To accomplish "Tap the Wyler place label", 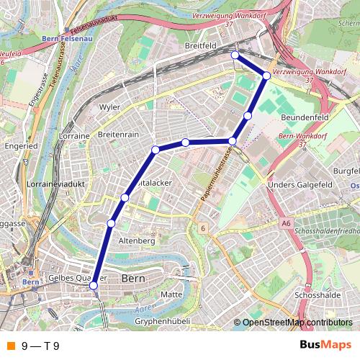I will (x=109, y=107).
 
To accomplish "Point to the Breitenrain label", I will (x=117, y=135).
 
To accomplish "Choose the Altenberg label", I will (x=136, y=240).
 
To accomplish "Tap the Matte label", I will (x=172, y=294).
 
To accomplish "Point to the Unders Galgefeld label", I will (x=297, y=184).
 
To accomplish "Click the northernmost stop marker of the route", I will (x=235, y=55).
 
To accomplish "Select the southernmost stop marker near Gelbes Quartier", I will (x=93, y=286).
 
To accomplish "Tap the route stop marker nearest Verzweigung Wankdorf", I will (x=266, y=76).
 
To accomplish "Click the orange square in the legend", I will (x=9, y=346).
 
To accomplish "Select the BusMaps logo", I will (x=325, y=345).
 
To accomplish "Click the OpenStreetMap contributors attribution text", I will (x=297, y=322).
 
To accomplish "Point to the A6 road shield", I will (x=287, y=224).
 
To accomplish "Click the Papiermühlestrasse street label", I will (x=216, y=175).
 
